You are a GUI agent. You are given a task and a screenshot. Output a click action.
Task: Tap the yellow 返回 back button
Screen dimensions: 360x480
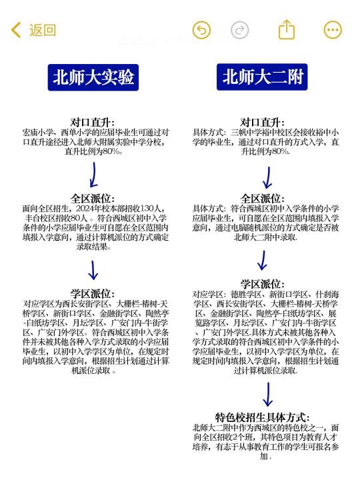34,30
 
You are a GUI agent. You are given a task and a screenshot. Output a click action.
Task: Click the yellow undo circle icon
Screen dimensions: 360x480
201,30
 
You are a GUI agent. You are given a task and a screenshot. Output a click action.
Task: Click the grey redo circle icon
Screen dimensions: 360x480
240,30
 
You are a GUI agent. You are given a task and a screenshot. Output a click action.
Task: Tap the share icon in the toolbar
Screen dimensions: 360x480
287,29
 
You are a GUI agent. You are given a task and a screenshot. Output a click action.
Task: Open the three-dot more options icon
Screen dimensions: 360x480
333,30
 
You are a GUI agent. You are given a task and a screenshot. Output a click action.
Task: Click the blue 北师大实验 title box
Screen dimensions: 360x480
93,77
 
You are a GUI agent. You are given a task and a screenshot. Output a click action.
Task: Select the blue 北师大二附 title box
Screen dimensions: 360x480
262,77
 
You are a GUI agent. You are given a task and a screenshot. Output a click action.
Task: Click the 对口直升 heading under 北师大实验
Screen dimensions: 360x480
93,123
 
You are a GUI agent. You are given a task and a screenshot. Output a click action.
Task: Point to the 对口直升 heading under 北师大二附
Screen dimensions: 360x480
263,123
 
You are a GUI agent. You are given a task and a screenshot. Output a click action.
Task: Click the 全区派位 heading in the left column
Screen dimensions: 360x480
93,199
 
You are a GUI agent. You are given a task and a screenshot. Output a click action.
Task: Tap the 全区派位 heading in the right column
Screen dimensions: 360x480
263,199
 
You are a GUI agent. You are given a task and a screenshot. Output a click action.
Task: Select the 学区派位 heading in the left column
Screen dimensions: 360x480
93,293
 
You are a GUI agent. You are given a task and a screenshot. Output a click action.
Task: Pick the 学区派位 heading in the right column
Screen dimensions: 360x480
263,284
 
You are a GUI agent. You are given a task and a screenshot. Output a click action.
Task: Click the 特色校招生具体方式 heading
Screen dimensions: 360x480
263,417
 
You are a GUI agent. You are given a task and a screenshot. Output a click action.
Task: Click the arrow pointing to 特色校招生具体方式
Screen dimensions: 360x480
268,394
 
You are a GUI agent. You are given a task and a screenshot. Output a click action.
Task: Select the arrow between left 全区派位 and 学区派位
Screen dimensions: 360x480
93,270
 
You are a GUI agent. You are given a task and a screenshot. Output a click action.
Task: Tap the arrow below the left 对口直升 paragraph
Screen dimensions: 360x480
94,175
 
